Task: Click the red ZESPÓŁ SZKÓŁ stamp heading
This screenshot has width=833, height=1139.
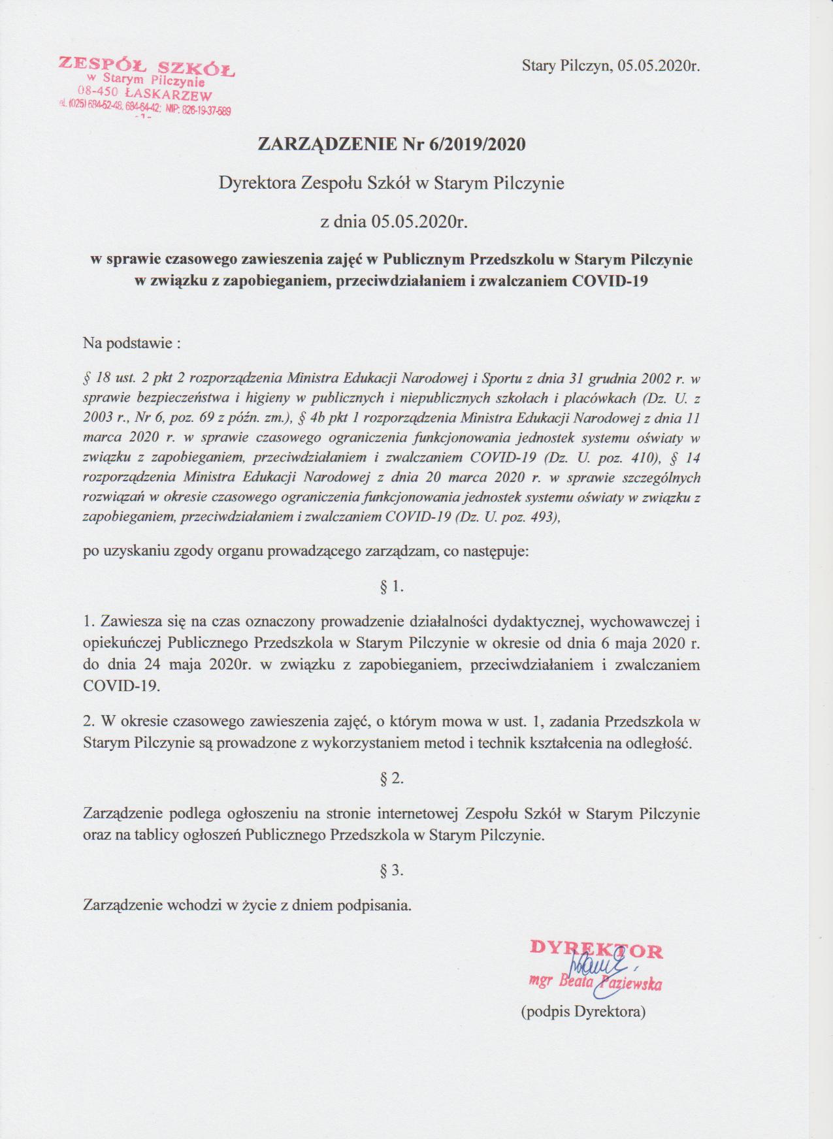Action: [147, 67]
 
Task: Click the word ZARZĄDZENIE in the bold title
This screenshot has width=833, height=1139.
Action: [325, 144]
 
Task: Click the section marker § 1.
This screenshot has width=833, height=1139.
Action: [391, 586]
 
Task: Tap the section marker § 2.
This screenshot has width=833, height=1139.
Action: [391, 778]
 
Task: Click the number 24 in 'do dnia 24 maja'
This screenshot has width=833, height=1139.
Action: [148, 665]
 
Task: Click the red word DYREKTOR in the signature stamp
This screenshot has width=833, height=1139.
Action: [596, 949]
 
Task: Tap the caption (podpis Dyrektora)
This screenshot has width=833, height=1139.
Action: [583, 1012]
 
